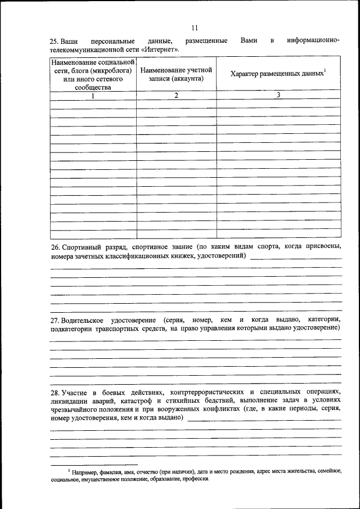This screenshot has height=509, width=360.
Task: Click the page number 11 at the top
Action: point(195,28)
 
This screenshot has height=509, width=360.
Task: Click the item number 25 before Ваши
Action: point(54,42)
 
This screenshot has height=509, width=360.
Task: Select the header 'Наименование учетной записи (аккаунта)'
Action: point(176,75)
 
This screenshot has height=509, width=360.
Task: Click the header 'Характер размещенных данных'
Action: point(277,74)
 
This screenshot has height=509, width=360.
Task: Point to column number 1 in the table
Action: point(93,96)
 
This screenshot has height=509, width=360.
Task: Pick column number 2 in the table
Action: point(176,96)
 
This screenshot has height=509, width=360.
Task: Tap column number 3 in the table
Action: point(278,95)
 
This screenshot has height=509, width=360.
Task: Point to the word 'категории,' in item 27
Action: point(323,319)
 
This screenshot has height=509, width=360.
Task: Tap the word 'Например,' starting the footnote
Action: point(84,471)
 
